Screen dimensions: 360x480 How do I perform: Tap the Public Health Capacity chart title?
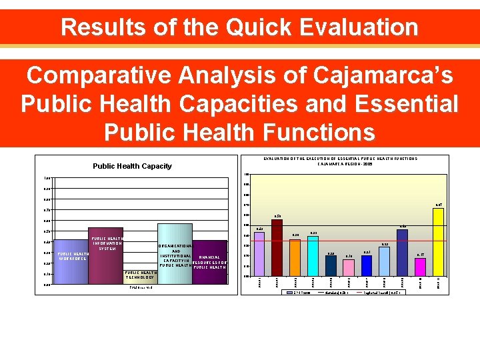[x=131, y=166]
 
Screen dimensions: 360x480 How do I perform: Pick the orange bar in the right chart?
[x=295, y=257]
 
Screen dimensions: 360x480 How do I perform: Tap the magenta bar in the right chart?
[x=420, y=266]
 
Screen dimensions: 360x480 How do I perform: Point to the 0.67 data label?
[x=439, y=205]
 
